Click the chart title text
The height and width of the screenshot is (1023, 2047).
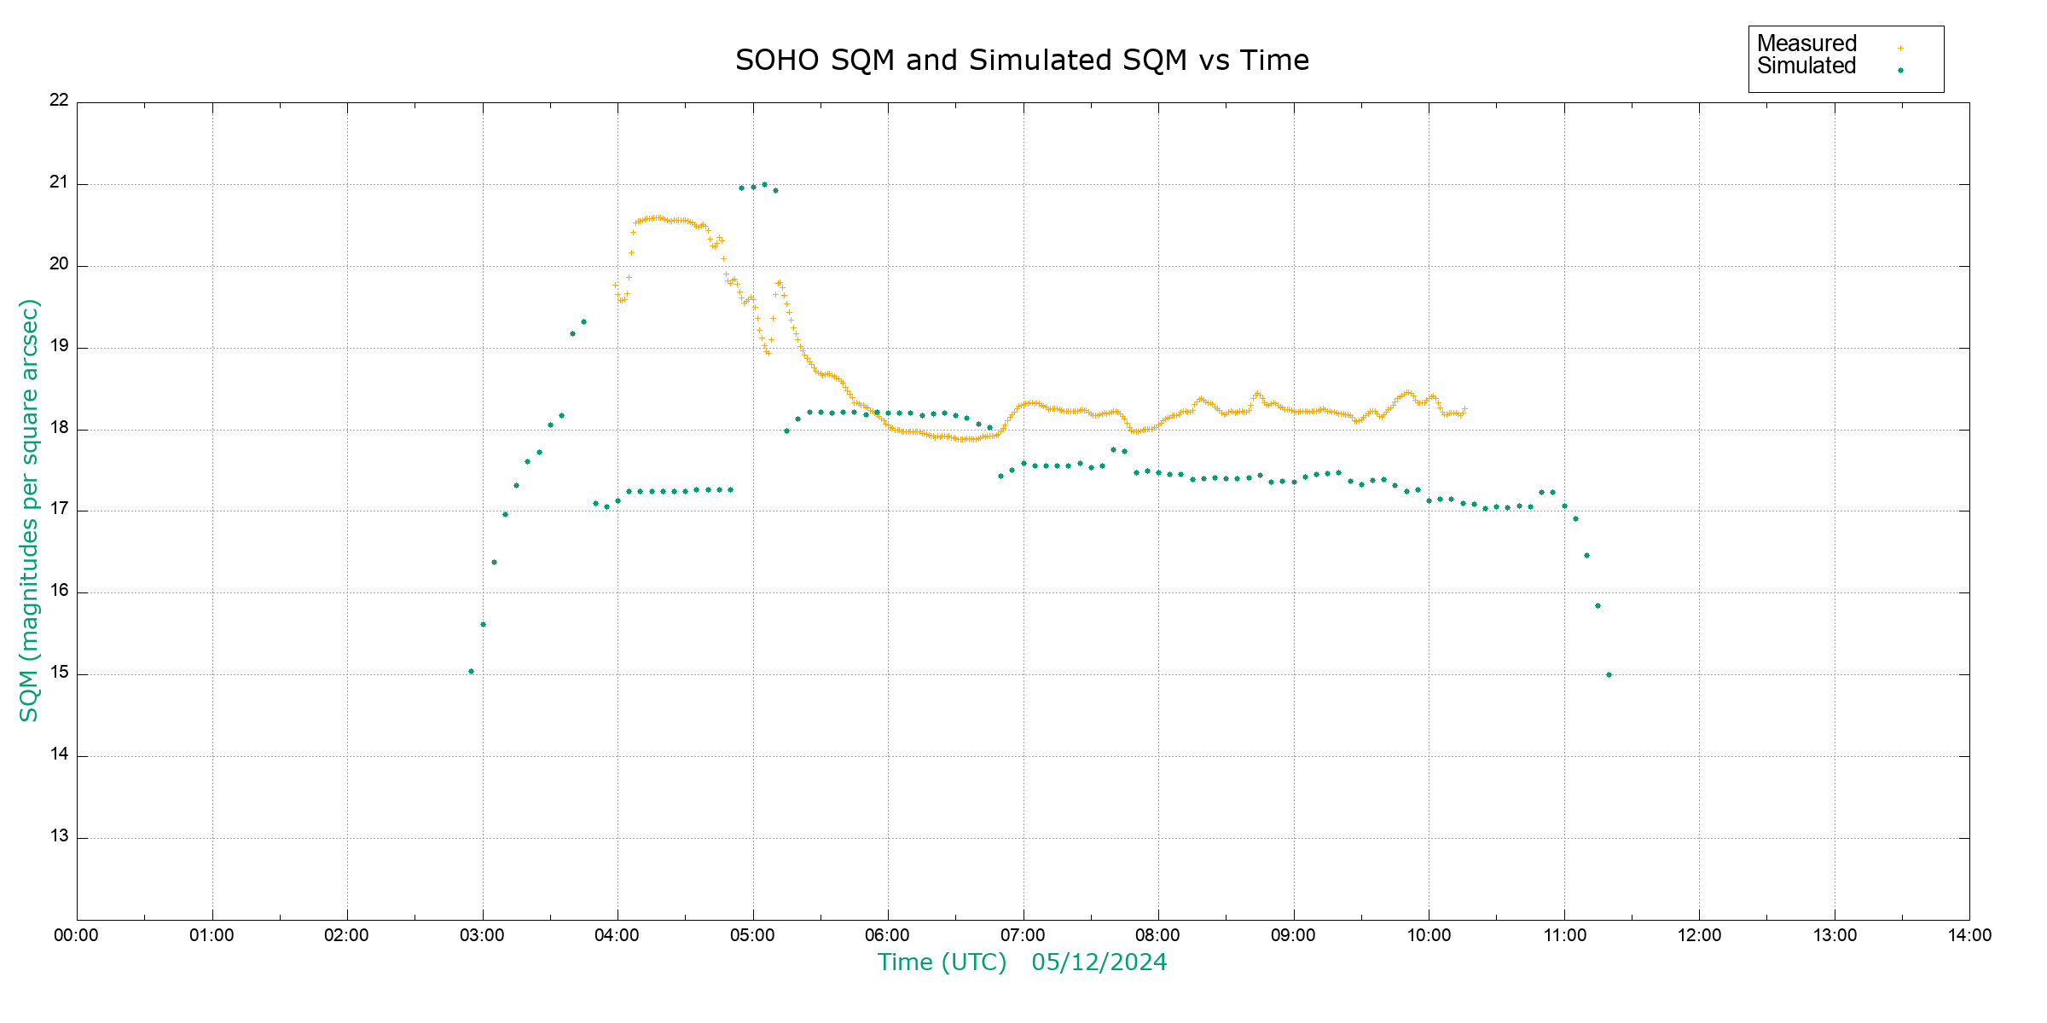pos(1022,61)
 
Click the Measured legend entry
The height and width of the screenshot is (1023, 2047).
pos(1806,43)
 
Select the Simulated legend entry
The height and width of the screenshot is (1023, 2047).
pos(1806,66)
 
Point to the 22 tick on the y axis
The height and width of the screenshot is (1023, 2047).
pos(59,100)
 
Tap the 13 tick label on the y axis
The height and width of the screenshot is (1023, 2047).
pos(59,836)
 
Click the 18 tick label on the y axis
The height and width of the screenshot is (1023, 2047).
pos(59,428)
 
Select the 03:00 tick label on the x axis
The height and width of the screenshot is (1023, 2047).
pos(482,935)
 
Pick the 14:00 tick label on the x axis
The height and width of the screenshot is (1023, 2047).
pos(1969,935)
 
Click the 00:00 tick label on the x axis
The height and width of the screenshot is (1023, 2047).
pos(76,935)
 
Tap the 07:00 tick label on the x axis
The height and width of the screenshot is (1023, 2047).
pos(1023,935)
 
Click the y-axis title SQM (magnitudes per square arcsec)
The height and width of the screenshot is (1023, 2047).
pos(29,510)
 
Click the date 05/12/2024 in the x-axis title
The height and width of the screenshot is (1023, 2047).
pos(1099,962)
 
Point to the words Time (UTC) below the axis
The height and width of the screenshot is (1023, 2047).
pos(942,962)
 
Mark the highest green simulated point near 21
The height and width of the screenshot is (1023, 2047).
pos(764,184)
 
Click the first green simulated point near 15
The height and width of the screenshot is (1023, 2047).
pos(471,672)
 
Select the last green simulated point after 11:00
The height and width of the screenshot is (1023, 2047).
pos(1609,674)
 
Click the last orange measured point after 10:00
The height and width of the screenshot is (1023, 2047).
pos(1464,409)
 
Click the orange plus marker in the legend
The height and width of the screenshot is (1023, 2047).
pos(1900,48)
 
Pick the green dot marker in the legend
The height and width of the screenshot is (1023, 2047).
pos(1900,71)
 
